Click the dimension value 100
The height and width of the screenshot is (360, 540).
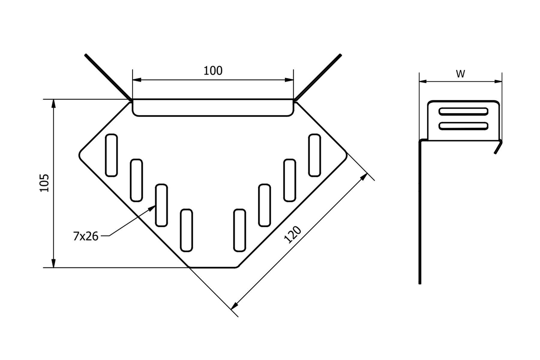point(213,71)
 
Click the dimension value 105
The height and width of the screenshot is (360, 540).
point(44,183)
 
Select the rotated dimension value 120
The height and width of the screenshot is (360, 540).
point(292,235)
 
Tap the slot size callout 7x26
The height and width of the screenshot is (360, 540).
point(85,236)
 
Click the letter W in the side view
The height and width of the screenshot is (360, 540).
point(460,74)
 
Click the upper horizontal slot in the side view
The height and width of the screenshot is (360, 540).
point(463,112)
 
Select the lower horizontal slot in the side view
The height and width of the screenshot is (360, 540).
point(463,126)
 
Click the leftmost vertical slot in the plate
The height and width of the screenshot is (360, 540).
point(111,155)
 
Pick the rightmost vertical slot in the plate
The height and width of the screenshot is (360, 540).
point(315,155)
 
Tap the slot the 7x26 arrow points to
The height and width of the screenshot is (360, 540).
point(161,205)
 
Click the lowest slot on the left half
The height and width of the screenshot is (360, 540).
point(187,230)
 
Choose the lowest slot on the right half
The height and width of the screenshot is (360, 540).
point(239,230)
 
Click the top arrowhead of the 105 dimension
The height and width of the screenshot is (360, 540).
point(54,104)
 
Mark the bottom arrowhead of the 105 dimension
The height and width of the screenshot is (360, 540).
point(54,263)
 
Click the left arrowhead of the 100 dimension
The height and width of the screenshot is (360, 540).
point(137,80)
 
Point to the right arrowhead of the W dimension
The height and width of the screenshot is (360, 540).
point(498,81)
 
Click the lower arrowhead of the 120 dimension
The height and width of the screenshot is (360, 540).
point(234,305)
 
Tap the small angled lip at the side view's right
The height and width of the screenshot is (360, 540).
point(498,147)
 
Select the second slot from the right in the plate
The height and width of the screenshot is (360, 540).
point(290,180)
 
